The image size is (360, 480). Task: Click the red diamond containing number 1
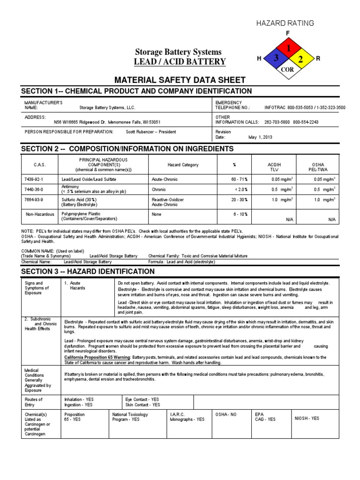click(288, 48)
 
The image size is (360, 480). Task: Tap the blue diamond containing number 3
click(277, 59)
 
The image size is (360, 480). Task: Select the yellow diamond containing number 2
click(300, 59)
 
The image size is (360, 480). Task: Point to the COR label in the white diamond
click(288, 69)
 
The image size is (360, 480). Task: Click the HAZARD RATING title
click(291, 23)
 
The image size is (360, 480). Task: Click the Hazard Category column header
click(183, 165)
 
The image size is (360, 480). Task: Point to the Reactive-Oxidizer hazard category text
click(168, 200)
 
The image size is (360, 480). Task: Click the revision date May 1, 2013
click(260, 137)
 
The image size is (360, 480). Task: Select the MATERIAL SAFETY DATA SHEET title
click(180, 80)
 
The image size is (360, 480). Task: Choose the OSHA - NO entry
click(226, 415)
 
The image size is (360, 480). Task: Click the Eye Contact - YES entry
click(142, 399)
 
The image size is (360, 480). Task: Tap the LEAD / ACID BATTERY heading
click(180, 62)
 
